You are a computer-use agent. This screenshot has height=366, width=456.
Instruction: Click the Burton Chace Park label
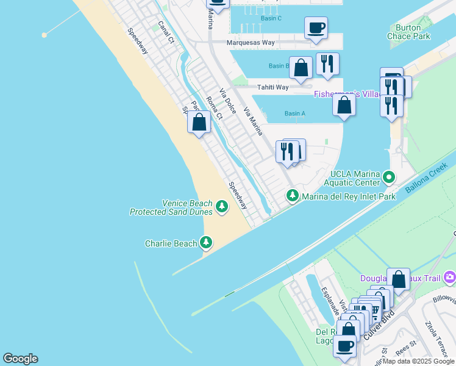pos(408,32)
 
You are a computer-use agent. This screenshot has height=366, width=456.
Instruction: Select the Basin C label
pos(271,18)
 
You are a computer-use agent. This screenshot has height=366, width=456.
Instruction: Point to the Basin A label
pos(295,113)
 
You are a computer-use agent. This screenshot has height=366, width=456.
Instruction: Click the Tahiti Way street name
pos(273,87)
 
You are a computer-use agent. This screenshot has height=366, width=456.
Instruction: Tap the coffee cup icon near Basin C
pos(316,27)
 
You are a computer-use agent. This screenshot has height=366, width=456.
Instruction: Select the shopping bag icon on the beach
pos(199,122)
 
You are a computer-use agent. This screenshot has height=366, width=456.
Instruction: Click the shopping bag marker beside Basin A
pos(344,105)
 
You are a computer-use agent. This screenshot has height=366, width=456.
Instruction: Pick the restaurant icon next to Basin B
pos(327,64)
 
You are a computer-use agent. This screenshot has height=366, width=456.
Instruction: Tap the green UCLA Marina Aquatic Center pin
pos(389,178)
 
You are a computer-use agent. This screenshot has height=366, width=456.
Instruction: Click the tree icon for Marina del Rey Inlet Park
pos(293,196)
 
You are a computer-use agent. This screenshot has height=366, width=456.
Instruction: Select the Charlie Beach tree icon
pos(207,243)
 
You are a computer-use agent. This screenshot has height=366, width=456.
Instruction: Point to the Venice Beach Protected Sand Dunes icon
pos(222,207)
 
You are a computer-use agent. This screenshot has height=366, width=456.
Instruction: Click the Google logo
pos(20,359)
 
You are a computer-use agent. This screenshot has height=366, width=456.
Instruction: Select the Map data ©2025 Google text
pos(418,361)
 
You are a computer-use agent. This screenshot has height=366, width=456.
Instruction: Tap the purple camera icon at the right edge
pos(450,278)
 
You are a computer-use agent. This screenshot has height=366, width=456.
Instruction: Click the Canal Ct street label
pos(166,32)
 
